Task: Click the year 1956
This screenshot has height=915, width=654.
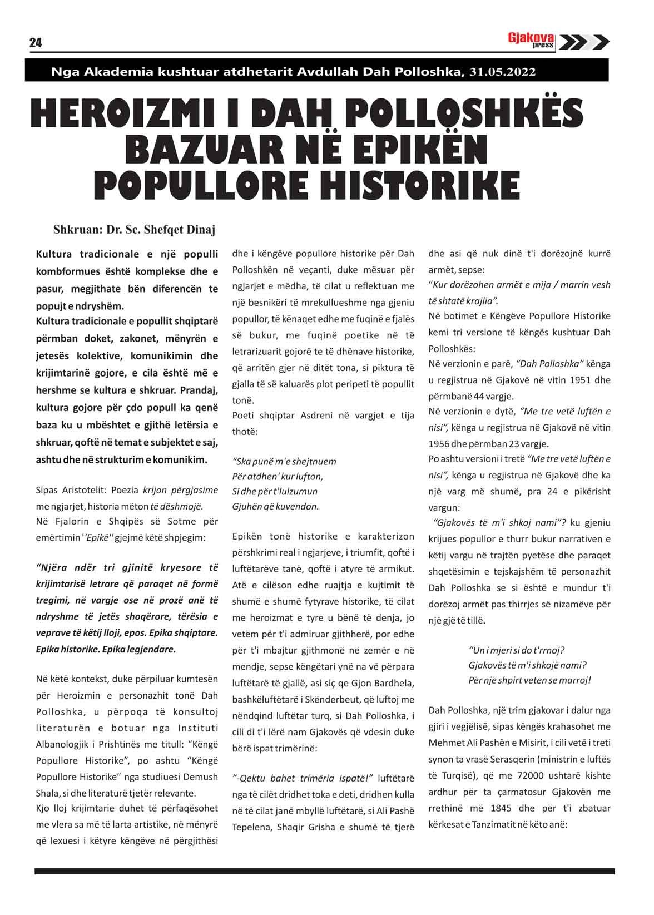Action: [440, 444]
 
